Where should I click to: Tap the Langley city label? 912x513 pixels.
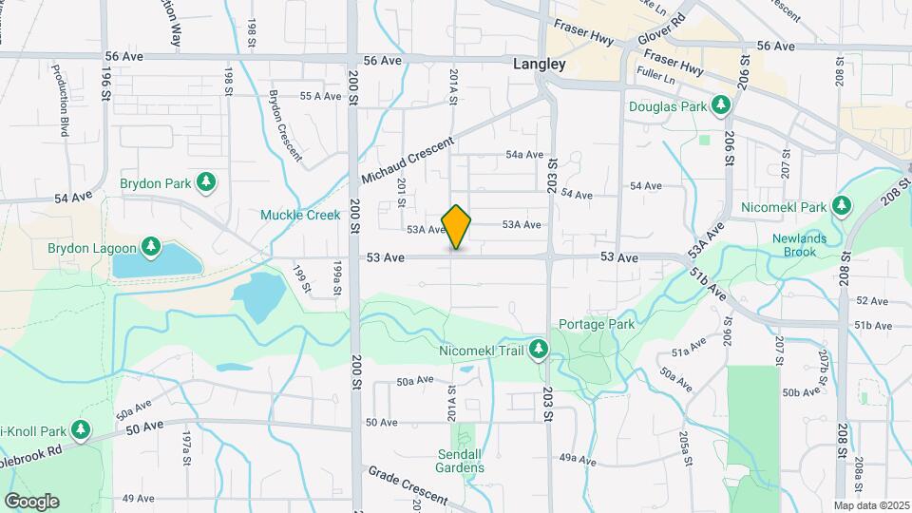click(539, 65)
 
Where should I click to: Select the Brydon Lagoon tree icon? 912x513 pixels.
click(151, 248)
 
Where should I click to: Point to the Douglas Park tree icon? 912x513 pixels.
click(721, 105)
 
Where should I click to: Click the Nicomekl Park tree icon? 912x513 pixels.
click(841, 206)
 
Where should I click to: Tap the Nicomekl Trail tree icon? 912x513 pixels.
click(539, 351)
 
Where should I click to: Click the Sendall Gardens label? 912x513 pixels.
click(461, 460)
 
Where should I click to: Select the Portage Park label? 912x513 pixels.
click(596, 324)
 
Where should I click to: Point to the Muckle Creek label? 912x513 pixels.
click(300, 215)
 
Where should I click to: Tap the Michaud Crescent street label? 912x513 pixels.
click(403, 161)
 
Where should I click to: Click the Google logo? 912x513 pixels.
click(31, 501)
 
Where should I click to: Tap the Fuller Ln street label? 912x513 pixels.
click(655, 71)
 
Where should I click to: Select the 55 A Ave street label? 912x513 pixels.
click(320, 96)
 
